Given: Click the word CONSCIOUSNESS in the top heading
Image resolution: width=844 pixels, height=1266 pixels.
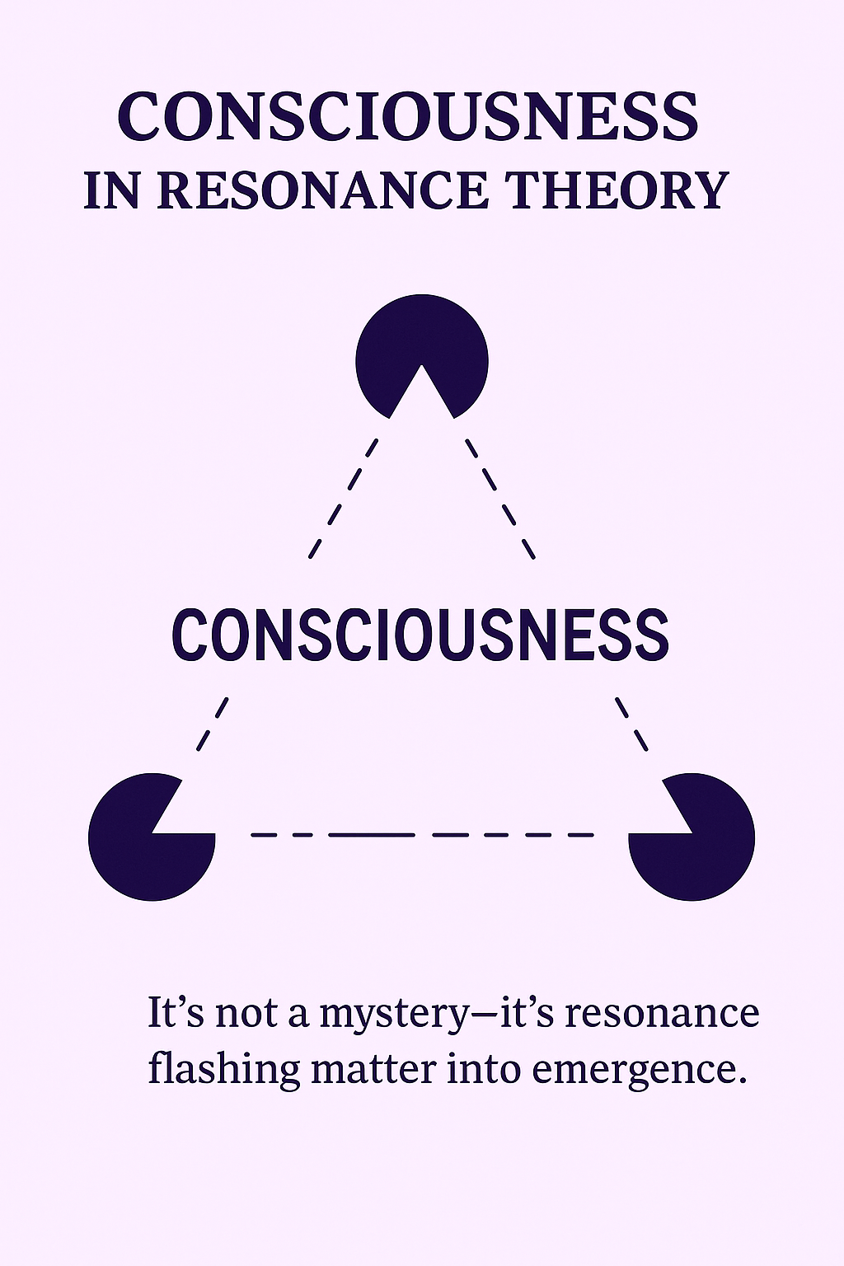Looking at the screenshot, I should (408, 116).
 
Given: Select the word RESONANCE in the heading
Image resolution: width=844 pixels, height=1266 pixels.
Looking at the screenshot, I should (322, 190).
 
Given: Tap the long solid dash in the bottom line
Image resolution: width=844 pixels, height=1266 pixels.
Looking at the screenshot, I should (371, 835).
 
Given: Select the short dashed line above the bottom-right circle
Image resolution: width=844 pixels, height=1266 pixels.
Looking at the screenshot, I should (632, 724).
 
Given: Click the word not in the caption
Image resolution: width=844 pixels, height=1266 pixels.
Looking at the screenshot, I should (246, 1013).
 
